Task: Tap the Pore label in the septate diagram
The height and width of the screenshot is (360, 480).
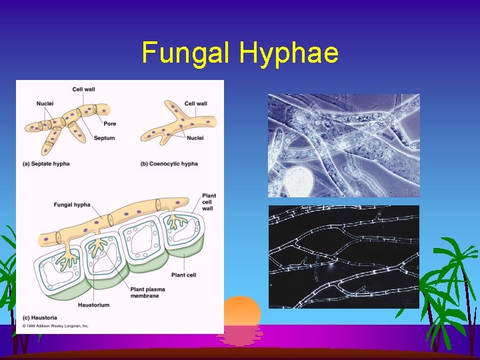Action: (x=109, y=123)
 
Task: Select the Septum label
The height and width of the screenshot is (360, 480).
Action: (x=104, y=138)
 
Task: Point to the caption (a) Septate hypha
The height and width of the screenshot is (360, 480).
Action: (x=46, y=163)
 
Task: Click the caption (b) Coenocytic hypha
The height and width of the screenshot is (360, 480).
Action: (x=169, y=163)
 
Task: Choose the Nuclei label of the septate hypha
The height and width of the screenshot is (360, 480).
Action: (x=45, y=103)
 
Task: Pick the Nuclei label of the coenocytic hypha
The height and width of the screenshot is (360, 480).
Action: (x=195, y=138)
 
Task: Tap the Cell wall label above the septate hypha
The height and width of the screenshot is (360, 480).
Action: (x=83, y=89)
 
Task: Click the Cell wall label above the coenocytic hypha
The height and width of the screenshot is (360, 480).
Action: (x=195, y=103)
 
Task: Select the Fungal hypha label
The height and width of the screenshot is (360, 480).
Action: (x=72, y=205)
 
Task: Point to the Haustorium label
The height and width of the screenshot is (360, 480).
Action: (x=94, y=305)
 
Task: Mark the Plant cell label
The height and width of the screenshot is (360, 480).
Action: (x=183, y=275)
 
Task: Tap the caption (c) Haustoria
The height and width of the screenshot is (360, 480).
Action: (x=39, y=317)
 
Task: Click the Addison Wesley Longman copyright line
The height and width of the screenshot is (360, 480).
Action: (x=56, y=326)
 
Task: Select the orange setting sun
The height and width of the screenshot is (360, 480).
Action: (x=241, y=312)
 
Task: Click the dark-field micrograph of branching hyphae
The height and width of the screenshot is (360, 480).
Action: (x=343, y=256)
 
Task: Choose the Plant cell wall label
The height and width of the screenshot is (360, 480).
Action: (x=209, y=202)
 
